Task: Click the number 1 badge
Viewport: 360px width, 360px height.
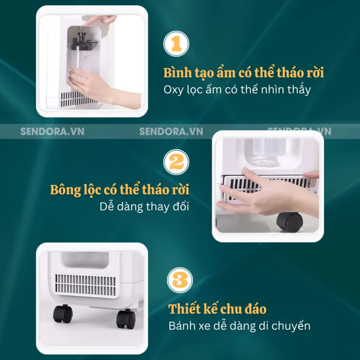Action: point(176,44)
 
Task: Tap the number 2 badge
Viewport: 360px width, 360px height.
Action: point(176,162)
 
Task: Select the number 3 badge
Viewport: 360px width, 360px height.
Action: point(180,280)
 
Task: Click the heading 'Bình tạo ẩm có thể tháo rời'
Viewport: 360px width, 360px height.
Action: point(244,73)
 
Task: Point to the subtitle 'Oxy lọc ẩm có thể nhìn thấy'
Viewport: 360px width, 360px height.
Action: point(237,89)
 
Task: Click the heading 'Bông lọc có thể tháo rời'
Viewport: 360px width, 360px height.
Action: point(120,190)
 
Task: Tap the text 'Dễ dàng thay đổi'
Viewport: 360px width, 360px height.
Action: point(144,206)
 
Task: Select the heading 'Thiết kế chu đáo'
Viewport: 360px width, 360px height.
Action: point(218,309)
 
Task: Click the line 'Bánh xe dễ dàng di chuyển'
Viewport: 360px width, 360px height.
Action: point(240,326)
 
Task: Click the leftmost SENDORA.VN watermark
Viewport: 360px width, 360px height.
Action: point(52,131)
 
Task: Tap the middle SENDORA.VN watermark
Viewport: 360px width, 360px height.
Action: point(171,131)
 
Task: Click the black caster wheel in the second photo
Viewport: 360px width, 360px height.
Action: point(289,222)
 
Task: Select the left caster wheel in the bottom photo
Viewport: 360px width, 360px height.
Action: point(63,314)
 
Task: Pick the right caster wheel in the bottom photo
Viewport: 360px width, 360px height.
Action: point(126,319)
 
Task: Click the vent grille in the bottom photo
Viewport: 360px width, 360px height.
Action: point(85,285)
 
